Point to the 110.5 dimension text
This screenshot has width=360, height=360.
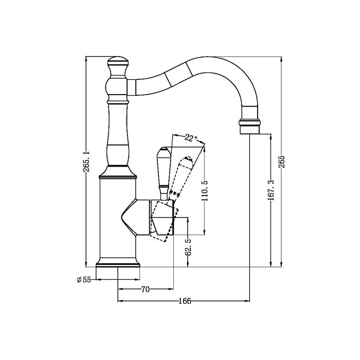205,190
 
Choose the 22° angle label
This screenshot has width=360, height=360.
191,138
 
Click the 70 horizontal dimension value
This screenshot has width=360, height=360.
145,290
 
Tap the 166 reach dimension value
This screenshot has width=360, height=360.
184,301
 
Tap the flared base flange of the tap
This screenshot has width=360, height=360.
118,263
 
